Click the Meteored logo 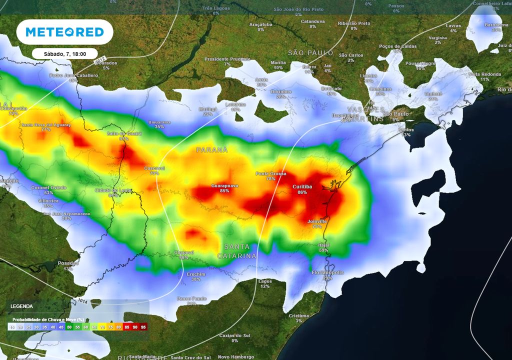tap(64, 32)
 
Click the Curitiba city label tap(302, 186)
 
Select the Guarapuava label tap(224, 185)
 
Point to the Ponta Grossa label tap(271, 173)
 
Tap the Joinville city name tap(317, 221)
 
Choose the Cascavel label tap(154, 168)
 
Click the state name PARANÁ tap(211, 149)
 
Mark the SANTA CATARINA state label tap(237, 251)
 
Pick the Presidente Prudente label tap(227, 59)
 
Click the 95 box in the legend tap(143, 327)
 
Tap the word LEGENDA tap(21, 306)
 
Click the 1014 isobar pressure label tap(79, 301)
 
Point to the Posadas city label tap(68, 263)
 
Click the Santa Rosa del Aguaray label tap(46, 124)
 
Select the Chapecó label tap(183, 252)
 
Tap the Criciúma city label tap(299, 315)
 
